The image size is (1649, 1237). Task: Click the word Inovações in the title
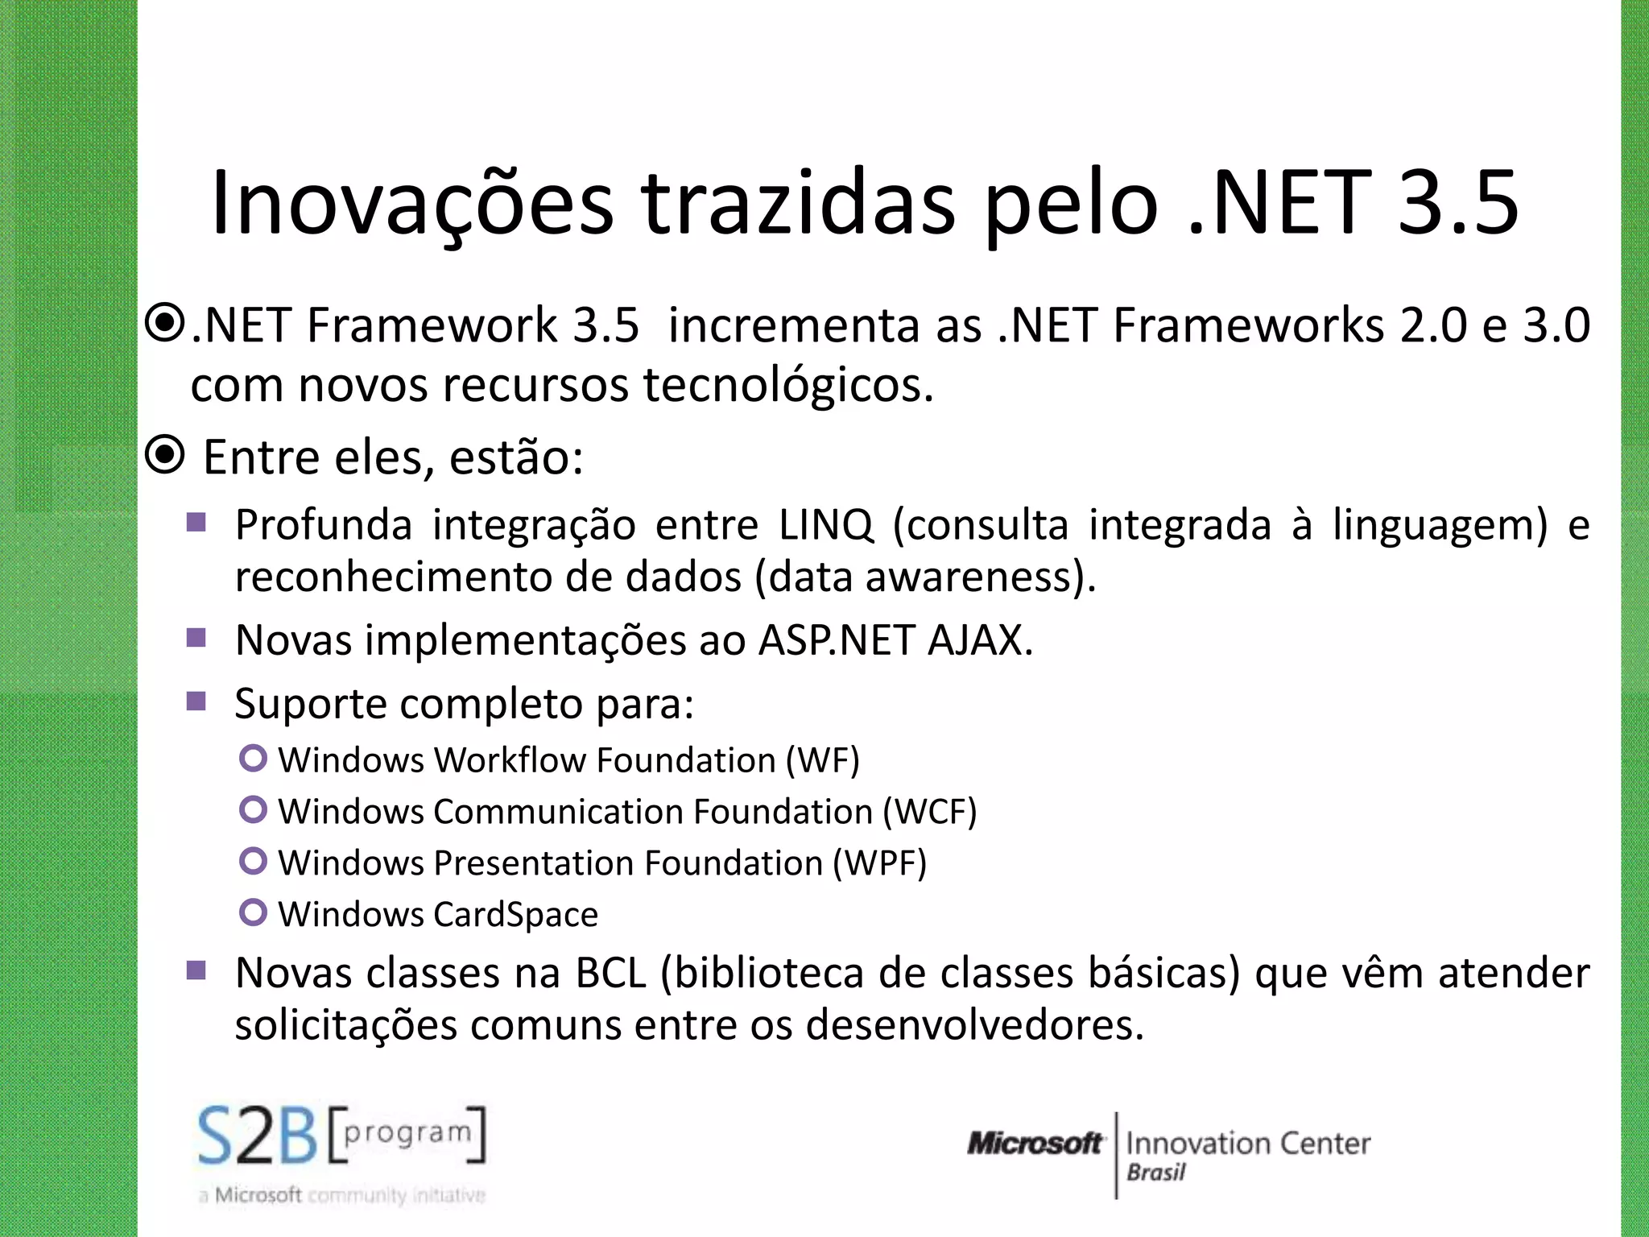point(411,203)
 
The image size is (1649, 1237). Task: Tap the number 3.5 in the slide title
point(1457,203)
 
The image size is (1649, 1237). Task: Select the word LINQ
point(826,525)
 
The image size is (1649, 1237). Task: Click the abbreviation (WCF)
point(930,812)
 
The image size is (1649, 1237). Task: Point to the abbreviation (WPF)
point(879,863)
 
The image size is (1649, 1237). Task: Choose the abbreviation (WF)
point(822,760)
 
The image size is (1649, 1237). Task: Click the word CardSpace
point(516,915)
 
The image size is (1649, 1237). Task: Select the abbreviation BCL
point(610,973)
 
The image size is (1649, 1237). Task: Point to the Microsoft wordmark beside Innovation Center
point(1034,1143)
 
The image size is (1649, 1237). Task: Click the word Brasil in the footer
point(1155,1173)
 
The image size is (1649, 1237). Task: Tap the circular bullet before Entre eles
point(166,457)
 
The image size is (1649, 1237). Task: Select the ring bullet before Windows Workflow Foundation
point(253,758)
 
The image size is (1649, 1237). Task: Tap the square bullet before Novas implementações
point(196,638)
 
